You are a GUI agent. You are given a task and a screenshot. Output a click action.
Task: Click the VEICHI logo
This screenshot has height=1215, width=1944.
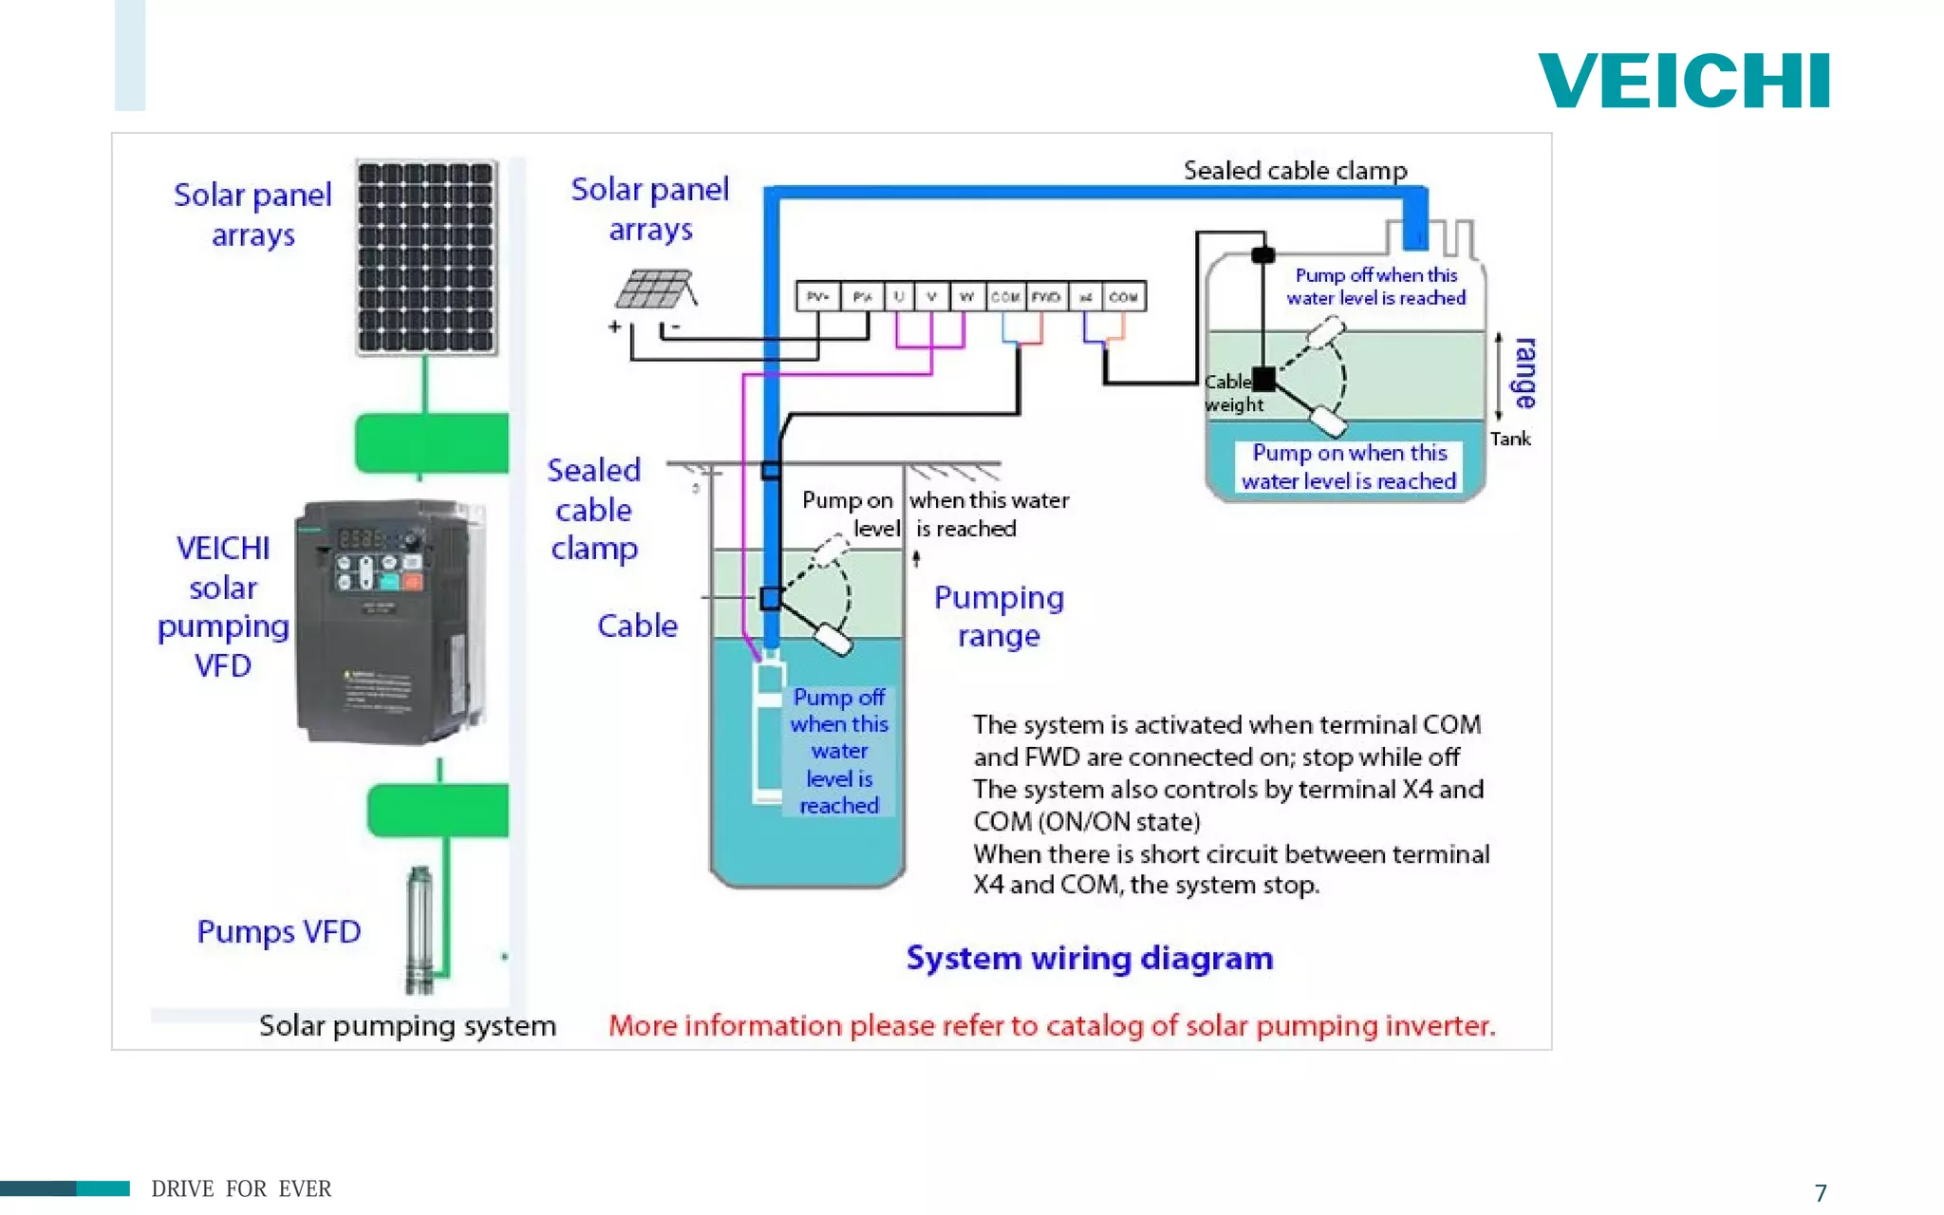pos(1683,82)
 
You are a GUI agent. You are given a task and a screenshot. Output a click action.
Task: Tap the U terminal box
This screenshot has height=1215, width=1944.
pos(898,297)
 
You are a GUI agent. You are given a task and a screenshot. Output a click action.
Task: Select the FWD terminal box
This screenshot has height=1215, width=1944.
pos(1046,297)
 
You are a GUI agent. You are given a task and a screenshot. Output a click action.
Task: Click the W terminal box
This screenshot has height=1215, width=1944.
pos(966,297)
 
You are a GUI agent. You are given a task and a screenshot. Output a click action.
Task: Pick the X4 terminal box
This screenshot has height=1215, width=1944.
pos(1086,297)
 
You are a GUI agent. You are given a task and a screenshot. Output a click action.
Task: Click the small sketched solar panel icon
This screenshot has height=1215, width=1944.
pos(654,290)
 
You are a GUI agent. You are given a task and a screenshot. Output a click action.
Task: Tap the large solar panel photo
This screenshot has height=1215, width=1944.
pos(426,257)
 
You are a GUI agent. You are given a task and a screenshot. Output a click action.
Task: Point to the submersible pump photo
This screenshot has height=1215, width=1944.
pos(420,929)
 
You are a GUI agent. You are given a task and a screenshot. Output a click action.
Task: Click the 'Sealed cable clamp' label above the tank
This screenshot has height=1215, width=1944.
pos(1295,171)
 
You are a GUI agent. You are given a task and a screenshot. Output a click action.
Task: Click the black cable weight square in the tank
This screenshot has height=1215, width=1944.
pos(1263,379)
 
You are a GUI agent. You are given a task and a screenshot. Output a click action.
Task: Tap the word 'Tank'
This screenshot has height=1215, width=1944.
pos(1509,439)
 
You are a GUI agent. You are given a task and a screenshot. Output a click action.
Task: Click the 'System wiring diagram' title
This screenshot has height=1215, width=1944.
pos(1089,958)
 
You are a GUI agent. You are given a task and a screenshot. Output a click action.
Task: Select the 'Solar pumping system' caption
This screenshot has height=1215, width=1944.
pos(407,1026)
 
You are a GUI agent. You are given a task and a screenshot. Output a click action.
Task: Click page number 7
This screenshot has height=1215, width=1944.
pos(1820,1192)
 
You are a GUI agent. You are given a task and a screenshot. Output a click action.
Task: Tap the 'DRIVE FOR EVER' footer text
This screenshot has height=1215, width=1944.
pos(241,1188)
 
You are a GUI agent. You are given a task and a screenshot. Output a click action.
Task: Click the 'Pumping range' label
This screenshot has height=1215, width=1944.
pos(999,616)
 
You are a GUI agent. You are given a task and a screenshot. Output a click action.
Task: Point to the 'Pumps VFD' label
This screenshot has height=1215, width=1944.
pos(278,931)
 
